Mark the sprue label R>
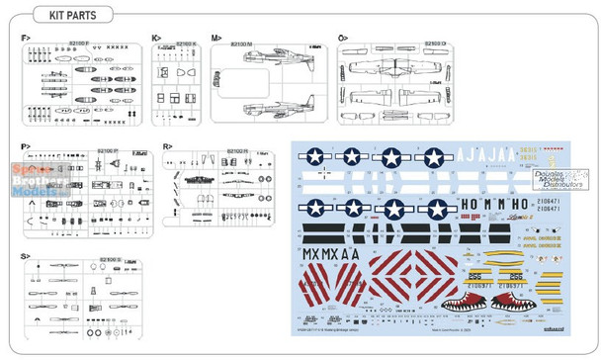coord(168,146)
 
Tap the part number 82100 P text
coord(108,150)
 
